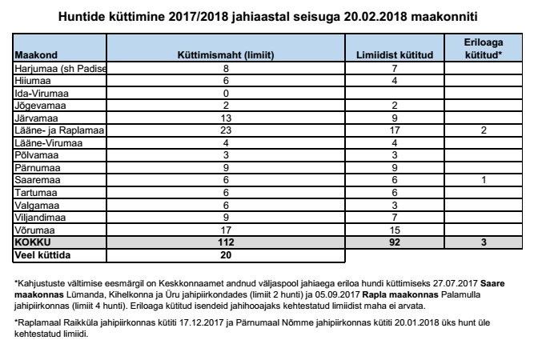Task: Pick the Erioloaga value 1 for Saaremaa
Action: coord(483,182)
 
